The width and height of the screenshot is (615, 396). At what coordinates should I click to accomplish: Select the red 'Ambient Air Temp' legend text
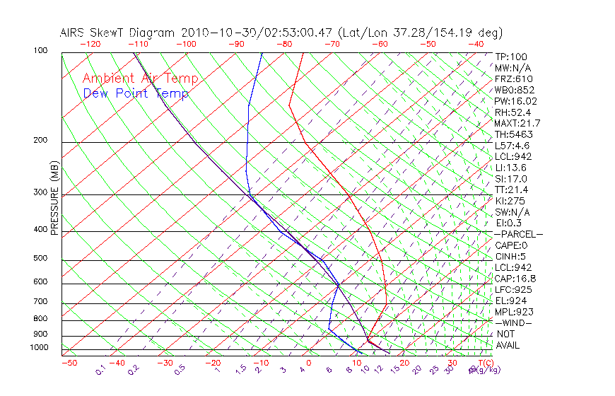141,78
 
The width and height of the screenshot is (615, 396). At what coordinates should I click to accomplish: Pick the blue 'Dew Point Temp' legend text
136,93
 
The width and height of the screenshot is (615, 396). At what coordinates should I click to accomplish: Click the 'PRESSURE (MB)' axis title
55,199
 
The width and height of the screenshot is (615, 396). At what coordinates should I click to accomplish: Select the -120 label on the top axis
89,44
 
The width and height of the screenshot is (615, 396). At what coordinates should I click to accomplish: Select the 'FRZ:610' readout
514,79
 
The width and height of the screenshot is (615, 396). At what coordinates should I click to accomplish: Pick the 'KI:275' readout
511,201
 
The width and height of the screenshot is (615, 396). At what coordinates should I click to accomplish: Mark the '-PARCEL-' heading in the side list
519,234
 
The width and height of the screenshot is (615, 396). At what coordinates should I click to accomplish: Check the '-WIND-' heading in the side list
513,322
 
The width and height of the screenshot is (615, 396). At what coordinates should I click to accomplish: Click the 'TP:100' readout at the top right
511,57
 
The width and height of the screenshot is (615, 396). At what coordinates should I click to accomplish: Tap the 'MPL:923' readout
514,312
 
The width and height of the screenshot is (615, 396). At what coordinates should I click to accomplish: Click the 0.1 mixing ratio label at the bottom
100,371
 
